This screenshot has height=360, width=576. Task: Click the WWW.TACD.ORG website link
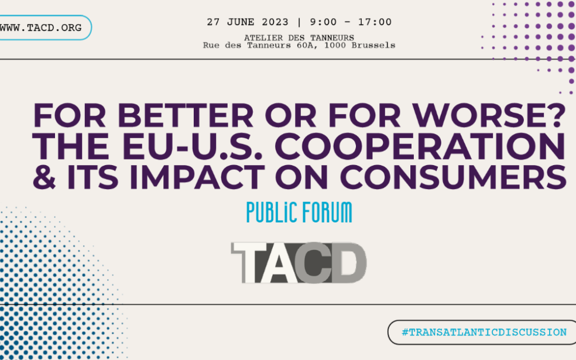[41, 28]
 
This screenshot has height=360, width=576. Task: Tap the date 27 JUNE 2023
[248, 22]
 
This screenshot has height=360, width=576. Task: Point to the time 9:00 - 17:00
[351, 22]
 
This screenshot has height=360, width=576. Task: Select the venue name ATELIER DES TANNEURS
[299, 38]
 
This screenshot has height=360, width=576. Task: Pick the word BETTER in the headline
[186, 116]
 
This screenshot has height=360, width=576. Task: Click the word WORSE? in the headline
[489, 116]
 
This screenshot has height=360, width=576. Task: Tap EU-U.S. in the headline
[192, 146]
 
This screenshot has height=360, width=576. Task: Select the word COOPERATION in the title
[420, 146]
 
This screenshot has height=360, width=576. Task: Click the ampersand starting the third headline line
[44, 177]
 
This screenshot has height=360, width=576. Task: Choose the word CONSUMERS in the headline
[453, 177]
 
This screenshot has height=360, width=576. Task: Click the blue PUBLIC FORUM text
[299, 212]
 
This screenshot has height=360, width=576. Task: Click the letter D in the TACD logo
[349, 263]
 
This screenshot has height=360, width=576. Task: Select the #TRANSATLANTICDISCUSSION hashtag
[484, 332]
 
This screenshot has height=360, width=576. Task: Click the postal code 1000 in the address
[335, 46]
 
